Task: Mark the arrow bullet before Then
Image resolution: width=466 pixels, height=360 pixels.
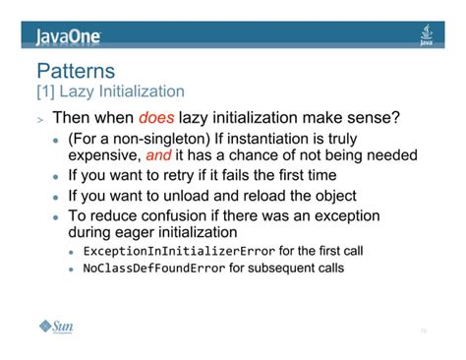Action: point(39,120)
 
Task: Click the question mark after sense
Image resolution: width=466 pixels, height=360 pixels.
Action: point(395,118)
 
